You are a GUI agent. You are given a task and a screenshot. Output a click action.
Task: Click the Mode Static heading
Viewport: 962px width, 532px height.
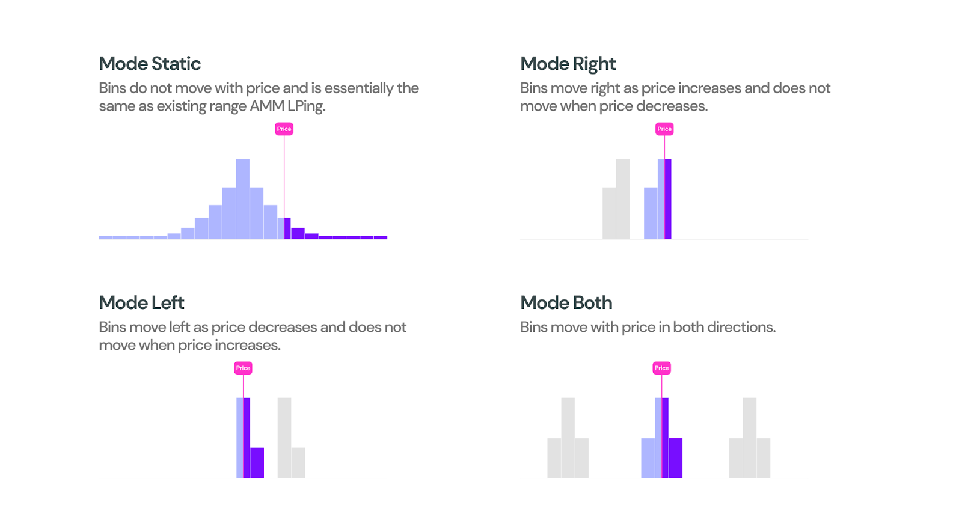click(150, 64)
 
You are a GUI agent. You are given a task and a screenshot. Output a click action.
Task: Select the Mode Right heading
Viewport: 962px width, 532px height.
click(568, 64)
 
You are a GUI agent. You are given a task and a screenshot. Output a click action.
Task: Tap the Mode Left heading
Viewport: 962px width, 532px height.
click(141, 303)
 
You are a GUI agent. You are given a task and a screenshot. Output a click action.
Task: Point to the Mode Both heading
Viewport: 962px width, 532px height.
click(566, 303)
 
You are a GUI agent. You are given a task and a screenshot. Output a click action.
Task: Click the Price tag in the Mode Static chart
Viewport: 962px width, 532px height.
click(284, 129)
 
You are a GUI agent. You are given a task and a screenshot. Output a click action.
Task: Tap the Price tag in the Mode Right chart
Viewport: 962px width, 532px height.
click(664, 129)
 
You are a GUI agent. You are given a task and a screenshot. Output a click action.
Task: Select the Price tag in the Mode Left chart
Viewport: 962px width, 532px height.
click(243, 368)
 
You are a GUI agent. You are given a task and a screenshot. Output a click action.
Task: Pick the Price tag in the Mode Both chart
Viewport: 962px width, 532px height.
click(661, 368)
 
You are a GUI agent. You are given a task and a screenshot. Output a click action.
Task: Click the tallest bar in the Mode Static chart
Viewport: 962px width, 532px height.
click(243, 198)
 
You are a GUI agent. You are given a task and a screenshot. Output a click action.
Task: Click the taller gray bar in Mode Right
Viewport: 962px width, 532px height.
click(623, 198)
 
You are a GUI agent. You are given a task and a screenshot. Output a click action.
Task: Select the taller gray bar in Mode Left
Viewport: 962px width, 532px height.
click(284, 438)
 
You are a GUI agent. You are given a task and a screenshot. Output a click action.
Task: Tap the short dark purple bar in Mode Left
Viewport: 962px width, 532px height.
click(257, 463)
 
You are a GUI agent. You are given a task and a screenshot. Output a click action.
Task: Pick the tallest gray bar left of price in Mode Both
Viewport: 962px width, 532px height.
click(568, 438)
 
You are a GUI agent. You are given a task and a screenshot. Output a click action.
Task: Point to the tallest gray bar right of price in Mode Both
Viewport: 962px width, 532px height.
click(749, 438)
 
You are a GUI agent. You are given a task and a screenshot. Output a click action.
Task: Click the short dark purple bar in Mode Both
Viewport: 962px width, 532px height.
click(676, 458)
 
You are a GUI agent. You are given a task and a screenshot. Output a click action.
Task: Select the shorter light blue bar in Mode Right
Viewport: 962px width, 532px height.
click(651, 213)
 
